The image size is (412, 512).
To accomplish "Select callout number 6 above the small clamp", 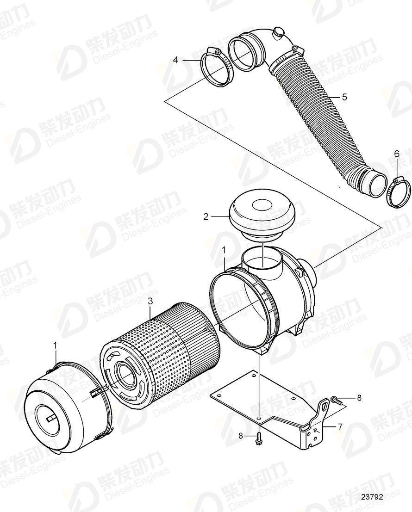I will click(x=396, y=153).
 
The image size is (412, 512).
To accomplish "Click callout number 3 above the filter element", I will click(x=150, y=301).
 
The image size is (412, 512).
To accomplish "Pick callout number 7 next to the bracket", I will click(x=340, y=426).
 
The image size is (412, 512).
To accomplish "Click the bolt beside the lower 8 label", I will click(x=259, y=437).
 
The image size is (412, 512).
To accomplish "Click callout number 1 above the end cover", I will click(x=56, y=345).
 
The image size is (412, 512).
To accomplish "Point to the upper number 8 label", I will click(x=359, y=397).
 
